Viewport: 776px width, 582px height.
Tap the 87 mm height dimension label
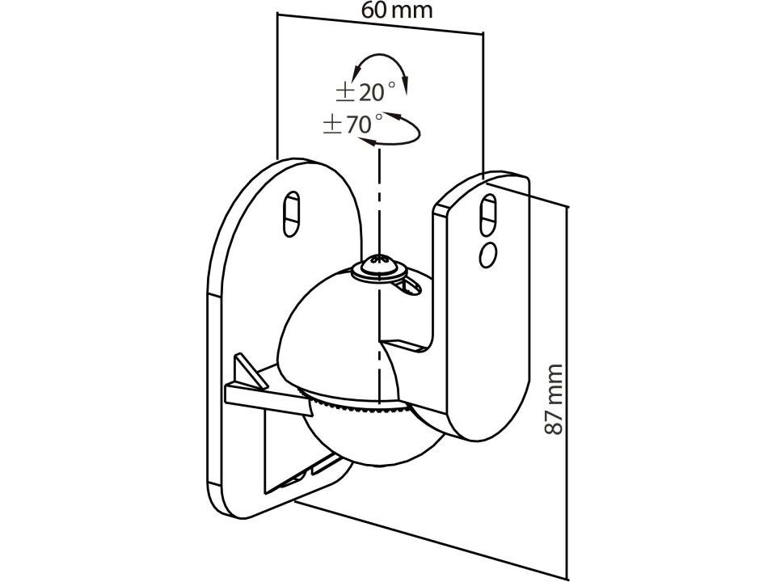(x=554, y=399)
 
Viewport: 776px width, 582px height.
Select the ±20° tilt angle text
(x=365, y=91)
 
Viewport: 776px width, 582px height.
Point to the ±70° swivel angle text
(x=353, y=124)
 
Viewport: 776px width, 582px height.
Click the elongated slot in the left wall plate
(x=292, y=213)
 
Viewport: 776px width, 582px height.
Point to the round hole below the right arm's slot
(x=487, y=254)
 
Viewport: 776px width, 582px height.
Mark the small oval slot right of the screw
(x=409, y=284)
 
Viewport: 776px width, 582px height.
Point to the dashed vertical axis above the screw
(x=377, y=202)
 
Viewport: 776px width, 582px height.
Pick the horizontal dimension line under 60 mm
(x=380, y=23)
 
